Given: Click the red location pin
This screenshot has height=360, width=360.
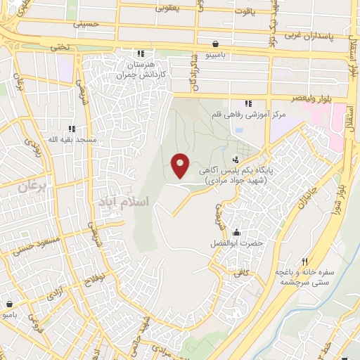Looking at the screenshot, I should pyautogui.click(x=181, y=165).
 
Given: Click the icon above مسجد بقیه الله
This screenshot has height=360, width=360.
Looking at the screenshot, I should pyautogui.click(x=71, y=129).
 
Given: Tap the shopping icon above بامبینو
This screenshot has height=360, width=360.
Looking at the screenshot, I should pyautogui.click(x=214, y=43).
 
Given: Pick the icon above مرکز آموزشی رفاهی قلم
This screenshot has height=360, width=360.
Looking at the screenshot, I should pyautogui.click(x=248, y=103).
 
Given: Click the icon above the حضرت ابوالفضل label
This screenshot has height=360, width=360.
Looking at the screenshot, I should pyautogui.click(x=238, y=232).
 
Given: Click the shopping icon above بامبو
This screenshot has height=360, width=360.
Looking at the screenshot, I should pyautogui.click(x=10, y=304).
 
